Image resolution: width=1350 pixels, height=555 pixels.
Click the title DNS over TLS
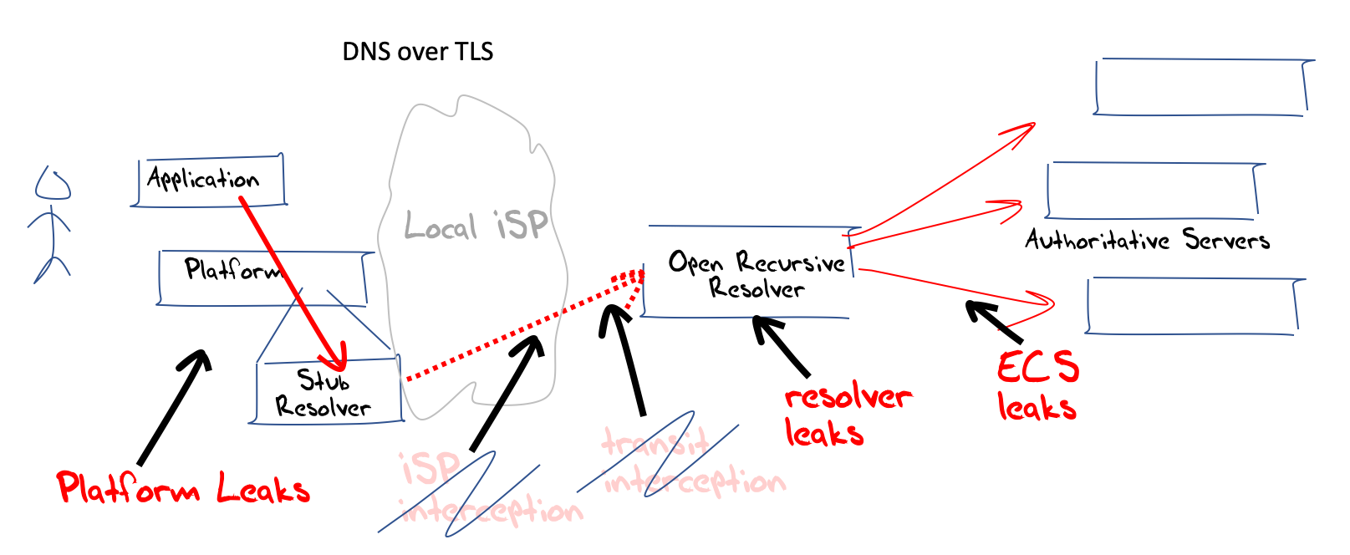(x=417, y=52)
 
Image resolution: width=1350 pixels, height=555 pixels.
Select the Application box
(x=209, y=180)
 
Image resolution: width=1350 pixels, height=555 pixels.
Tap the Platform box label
(x=232, y=270)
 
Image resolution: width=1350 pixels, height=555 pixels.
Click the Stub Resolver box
(x=326, y=393)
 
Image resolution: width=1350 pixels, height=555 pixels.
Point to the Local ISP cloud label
(x=476, y=226)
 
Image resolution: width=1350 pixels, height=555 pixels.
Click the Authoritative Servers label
(x=1147, y=241)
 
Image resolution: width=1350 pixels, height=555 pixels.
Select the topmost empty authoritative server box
(x=1201, y=87)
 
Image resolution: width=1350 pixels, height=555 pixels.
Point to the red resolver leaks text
(x=846, y=415)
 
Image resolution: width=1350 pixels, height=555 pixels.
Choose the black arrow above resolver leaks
(x=782, y=346)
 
